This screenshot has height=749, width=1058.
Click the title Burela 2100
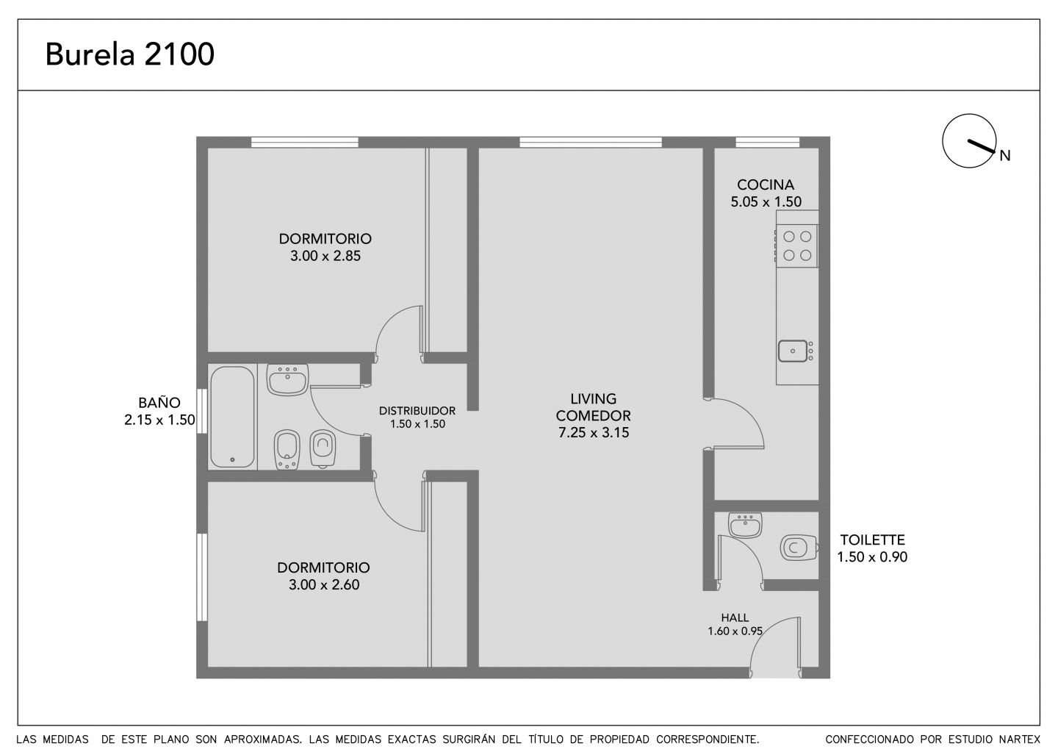[130, 54]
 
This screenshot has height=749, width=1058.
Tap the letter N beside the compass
[1004, 156]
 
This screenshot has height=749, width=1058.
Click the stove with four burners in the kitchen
[797, 246]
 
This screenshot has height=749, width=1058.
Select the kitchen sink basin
[794, 351]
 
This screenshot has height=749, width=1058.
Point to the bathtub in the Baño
[232, 417]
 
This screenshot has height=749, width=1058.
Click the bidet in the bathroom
[287, 450]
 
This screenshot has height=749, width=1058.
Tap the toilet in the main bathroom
[323, 449]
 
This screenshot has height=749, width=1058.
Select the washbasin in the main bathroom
[288, 379]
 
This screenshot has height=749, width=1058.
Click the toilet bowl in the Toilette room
[799, 548]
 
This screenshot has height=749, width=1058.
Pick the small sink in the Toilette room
[745, 526]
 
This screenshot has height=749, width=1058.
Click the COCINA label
[766, 184]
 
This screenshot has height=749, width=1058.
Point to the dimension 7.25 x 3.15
[594, 433]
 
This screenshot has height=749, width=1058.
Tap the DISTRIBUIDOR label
[417, 411]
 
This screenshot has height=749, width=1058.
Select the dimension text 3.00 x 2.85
[325, 256]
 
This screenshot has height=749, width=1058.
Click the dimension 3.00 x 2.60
[324, 585]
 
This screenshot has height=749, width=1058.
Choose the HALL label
[735, 617]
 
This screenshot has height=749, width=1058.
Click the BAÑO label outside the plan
[159, 403]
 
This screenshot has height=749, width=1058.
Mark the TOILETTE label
[872, 540]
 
